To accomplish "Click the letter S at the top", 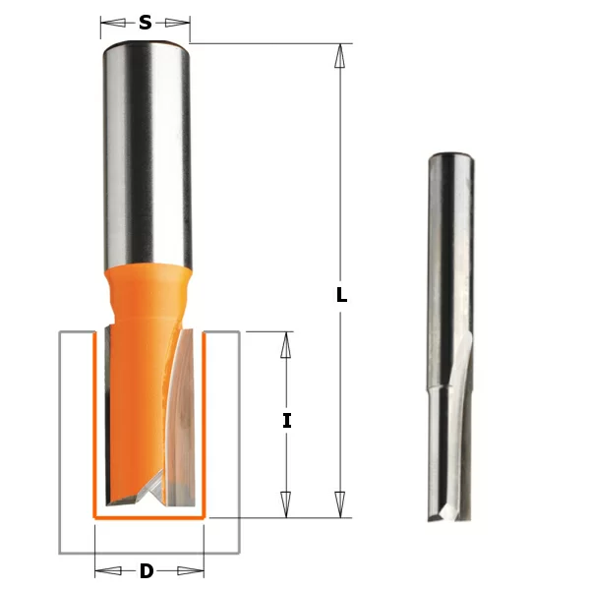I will click(145, 22).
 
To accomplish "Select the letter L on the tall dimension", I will click(341, 294).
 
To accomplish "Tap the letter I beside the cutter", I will click(286, 421).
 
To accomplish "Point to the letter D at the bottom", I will click(147, 571).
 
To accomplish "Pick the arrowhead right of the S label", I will click(180, 22).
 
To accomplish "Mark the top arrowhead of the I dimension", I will click(286, 345).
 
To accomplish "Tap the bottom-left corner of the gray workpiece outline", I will click(60, 552).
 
